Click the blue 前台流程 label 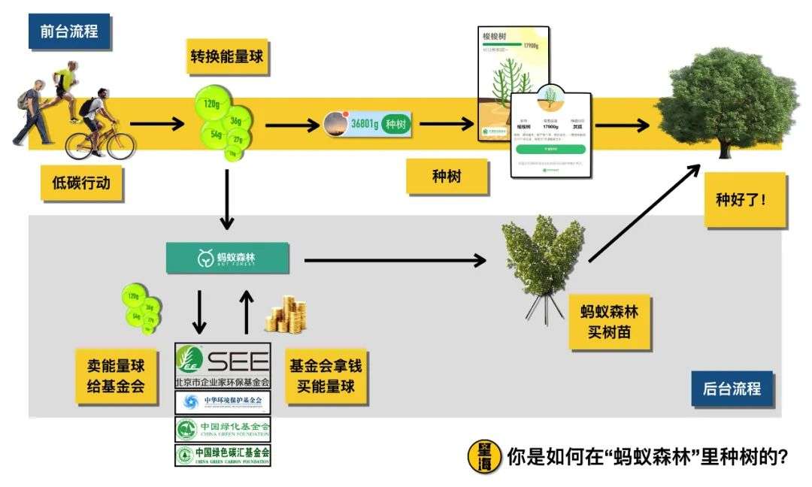pos(68,32)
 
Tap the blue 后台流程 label pos(732,389)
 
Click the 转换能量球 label pos(226,56)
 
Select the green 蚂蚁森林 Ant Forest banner pos(227,258)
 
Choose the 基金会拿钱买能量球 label pos(326,378)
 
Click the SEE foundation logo pos(222,365)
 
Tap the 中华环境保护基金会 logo pos(222,401)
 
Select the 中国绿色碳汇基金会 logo pos(222,454)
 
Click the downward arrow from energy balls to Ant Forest pos(226,199)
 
